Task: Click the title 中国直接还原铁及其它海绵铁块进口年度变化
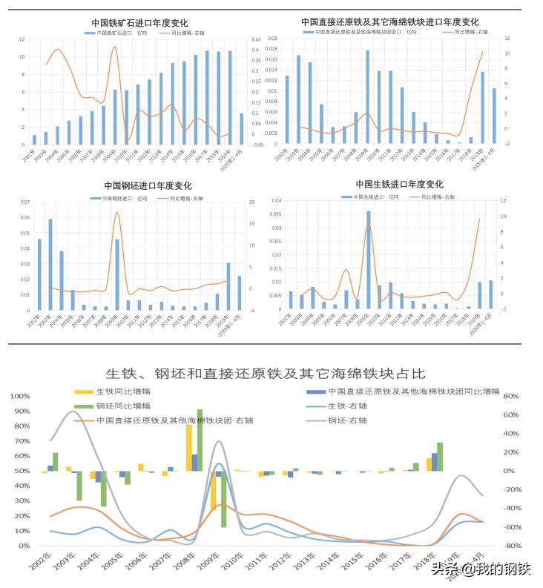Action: pos(389,22)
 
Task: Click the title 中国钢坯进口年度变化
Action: pos(148,185)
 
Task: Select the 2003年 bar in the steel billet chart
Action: pos(50,264)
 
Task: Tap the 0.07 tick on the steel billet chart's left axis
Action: pos(24,202)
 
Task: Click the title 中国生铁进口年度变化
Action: pos(399,184)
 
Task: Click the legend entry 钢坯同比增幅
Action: pos(122,406)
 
